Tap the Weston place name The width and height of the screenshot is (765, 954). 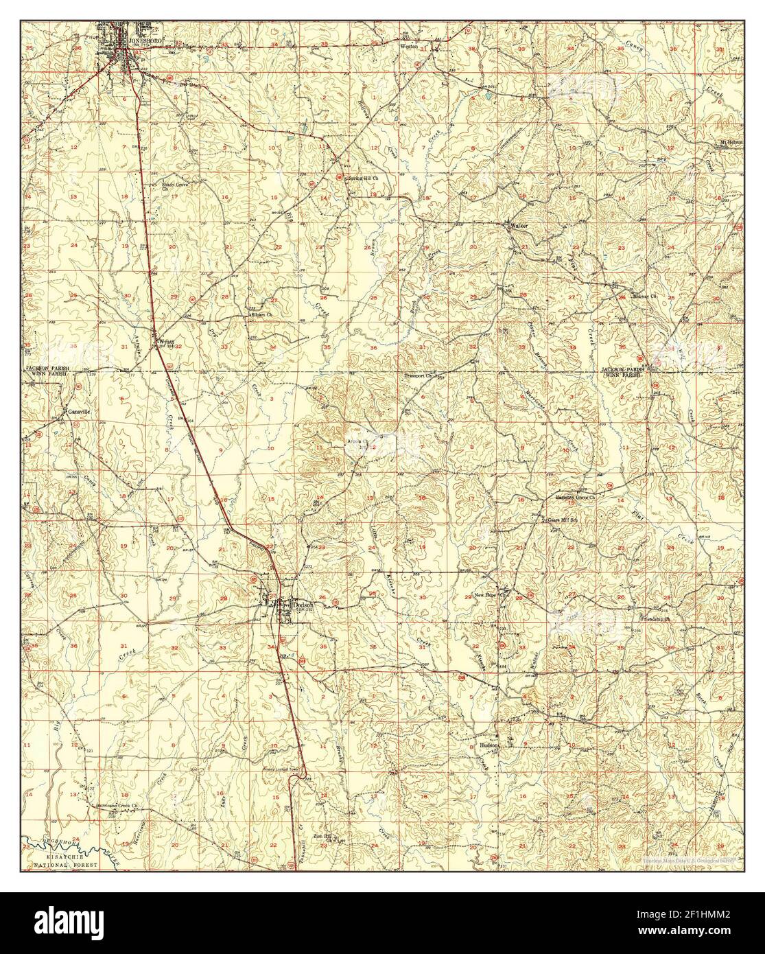(410, 48)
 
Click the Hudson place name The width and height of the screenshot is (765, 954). (488, 743)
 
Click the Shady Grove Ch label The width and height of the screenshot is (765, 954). (175, 186)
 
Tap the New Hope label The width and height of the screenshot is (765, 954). (486, 596)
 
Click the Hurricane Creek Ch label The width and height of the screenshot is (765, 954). (117, 804)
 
